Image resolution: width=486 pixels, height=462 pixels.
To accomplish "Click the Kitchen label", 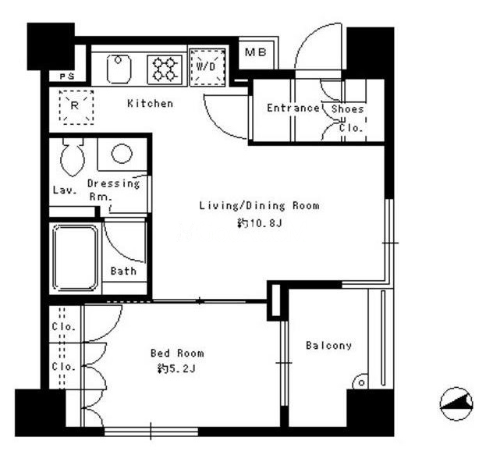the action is pos(151,103).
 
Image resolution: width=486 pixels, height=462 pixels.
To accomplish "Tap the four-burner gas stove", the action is pos(165,69).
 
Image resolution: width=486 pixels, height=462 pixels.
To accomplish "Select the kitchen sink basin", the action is pos(119,69).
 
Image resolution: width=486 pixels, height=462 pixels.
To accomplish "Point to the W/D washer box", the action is pos(207,66).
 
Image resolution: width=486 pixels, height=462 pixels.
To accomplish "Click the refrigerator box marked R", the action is pos(76,107).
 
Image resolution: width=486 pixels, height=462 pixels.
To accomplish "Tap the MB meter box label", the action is pos(255,52).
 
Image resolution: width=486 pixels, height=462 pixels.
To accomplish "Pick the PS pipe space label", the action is pos(66,76).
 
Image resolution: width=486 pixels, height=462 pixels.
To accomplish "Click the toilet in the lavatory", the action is pos(73,157).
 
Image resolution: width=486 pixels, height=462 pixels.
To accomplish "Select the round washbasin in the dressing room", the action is pos(122,154).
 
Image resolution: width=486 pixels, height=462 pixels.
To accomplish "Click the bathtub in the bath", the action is pos(76,258).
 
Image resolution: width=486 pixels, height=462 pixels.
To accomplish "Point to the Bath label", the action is pos(123,271).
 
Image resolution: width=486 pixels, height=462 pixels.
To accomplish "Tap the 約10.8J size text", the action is pos(260,223).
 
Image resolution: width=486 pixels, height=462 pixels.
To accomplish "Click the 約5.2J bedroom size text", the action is pos(176,368).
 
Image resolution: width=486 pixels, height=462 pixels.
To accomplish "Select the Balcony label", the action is pos(328,346).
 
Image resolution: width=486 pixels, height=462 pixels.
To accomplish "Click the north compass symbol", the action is pos(456,403).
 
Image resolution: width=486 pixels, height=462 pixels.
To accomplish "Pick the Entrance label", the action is pos(293,108).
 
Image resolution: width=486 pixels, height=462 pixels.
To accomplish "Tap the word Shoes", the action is pos(347,108).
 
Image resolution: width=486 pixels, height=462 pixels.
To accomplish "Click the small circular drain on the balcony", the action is pos(361,383).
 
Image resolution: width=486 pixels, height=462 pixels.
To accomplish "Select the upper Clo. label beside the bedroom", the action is pos(64,326).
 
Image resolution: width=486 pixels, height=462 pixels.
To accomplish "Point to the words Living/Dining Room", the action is pos(259,205).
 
